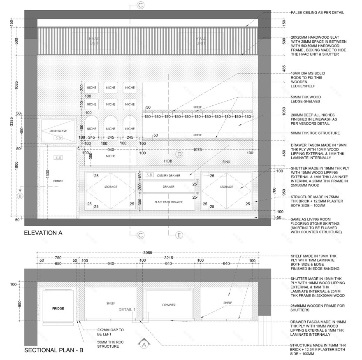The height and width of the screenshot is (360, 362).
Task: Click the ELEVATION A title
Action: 43,233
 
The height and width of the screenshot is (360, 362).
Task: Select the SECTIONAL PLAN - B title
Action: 54,351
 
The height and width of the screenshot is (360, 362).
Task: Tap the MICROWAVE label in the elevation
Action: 58,131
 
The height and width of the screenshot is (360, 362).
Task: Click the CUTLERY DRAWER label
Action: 169,176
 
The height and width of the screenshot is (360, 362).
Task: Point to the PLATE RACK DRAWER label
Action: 169,202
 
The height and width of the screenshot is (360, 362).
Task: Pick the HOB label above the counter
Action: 167,161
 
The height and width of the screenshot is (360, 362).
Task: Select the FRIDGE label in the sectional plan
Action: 58,308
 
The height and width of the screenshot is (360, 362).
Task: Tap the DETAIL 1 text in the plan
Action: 127,309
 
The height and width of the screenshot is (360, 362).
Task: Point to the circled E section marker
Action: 179,235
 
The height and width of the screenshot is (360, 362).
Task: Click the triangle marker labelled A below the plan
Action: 144,344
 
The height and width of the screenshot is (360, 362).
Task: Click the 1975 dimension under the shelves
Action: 198,150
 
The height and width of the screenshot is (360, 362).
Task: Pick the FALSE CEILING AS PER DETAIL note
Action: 317,12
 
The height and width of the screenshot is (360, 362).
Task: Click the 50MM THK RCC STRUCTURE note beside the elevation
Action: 315,133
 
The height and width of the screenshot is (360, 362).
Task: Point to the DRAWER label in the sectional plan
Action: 169,305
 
